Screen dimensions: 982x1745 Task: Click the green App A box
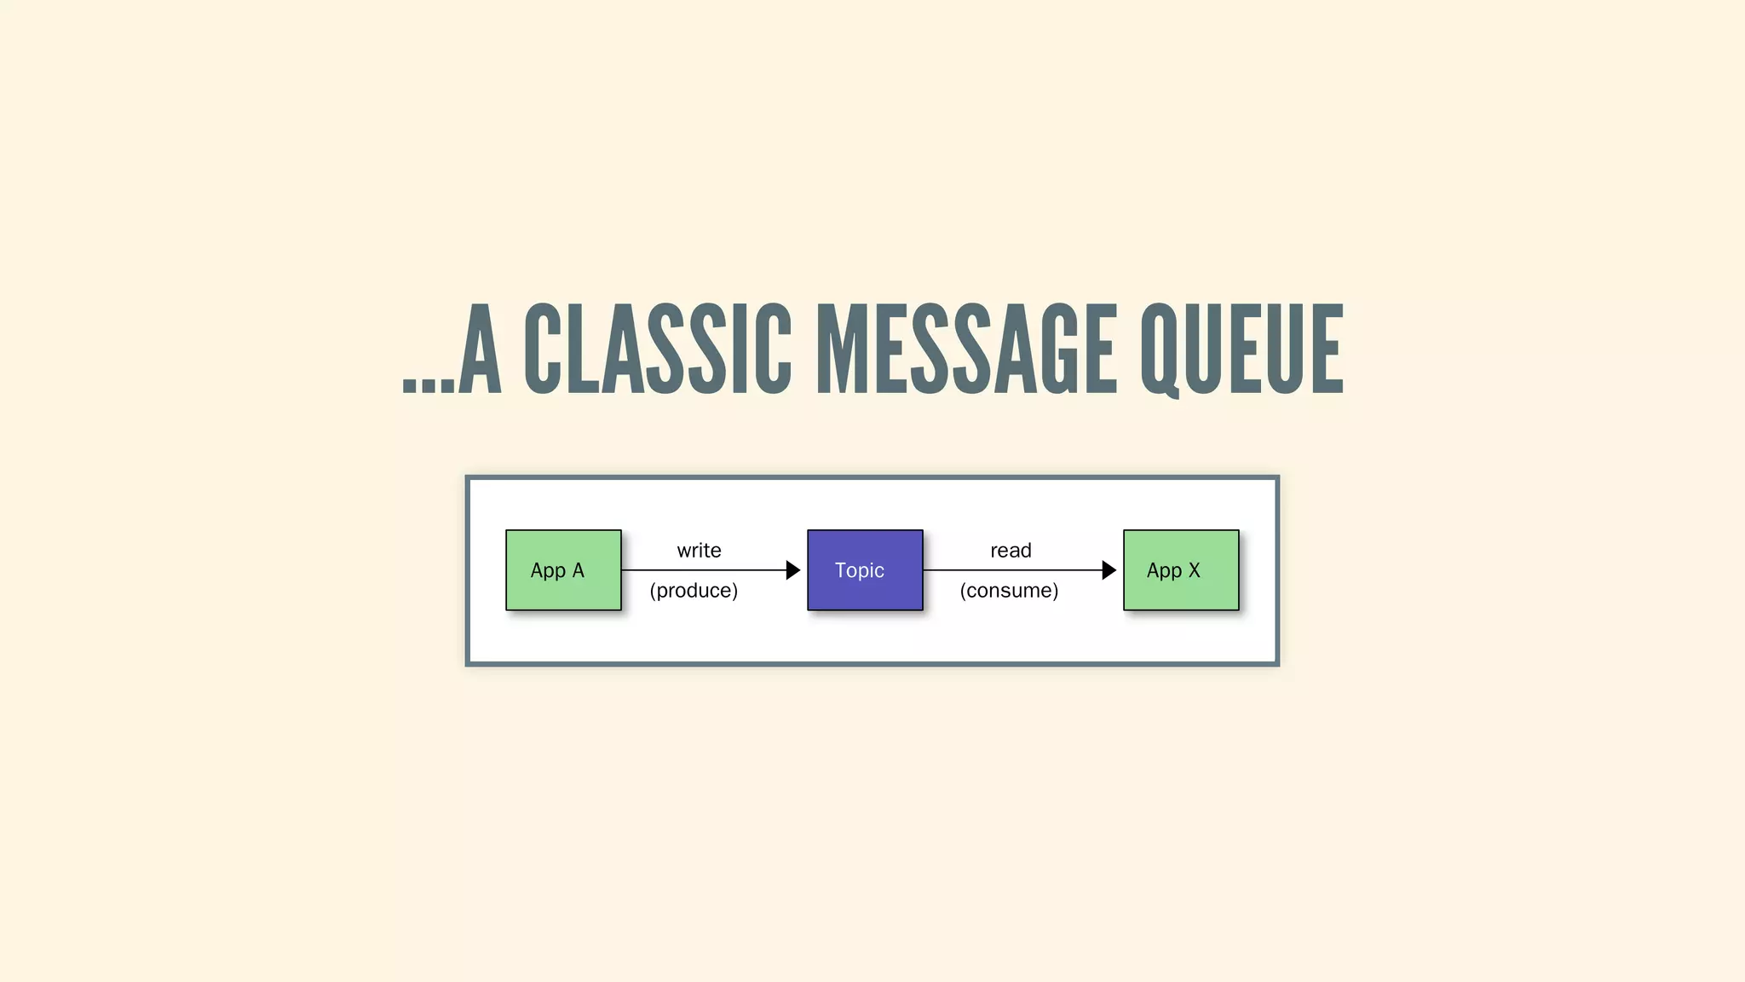click(563, 570)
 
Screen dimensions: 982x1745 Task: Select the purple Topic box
click(865, 570)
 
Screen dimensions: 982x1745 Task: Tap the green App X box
click(1181, 570)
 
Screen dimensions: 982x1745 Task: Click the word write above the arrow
click(699, 551)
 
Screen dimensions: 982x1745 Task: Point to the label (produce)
click(694, 591)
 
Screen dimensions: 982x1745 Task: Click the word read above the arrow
click(1011, 551)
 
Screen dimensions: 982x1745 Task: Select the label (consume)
click(1009, 591)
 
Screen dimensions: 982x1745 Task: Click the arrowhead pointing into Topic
click(792, 570)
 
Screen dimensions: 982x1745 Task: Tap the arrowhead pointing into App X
click(1109, 570)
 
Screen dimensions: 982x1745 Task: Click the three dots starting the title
click(429, 386)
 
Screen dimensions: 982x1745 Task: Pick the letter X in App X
click(1194, 570)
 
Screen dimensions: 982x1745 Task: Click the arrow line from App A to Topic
click(703, 570)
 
